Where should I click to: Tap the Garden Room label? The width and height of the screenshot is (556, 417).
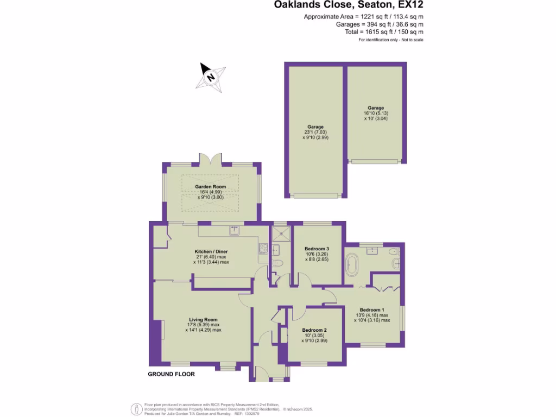pyautogui.click(x=211, y=187)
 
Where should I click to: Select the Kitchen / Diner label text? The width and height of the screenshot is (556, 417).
pyautogui.click(x=211, y=251)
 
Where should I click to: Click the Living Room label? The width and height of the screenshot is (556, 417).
pyautogui.click(x=203, y=319)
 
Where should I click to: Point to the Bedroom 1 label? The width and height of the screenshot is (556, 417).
pyautogui.click(x=372, y=310)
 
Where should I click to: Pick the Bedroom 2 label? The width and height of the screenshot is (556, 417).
pyautogui.click(x=314, y=330)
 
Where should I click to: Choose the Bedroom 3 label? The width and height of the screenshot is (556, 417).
pyautogui.click(x=317, y=249)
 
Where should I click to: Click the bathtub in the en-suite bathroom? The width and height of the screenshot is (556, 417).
pyautogui.click(x=351, y=266)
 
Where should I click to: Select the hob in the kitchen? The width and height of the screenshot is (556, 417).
pyautogui.click(x=263, y=248)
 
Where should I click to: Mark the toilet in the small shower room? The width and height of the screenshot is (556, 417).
pyautogui.click(x=279, y=263)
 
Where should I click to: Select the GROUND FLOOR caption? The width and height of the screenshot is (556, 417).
pyautogui.click(x=171, y=374)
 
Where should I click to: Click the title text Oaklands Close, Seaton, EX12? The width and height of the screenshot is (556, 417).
pyautogui.click(x=348, y=5)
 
